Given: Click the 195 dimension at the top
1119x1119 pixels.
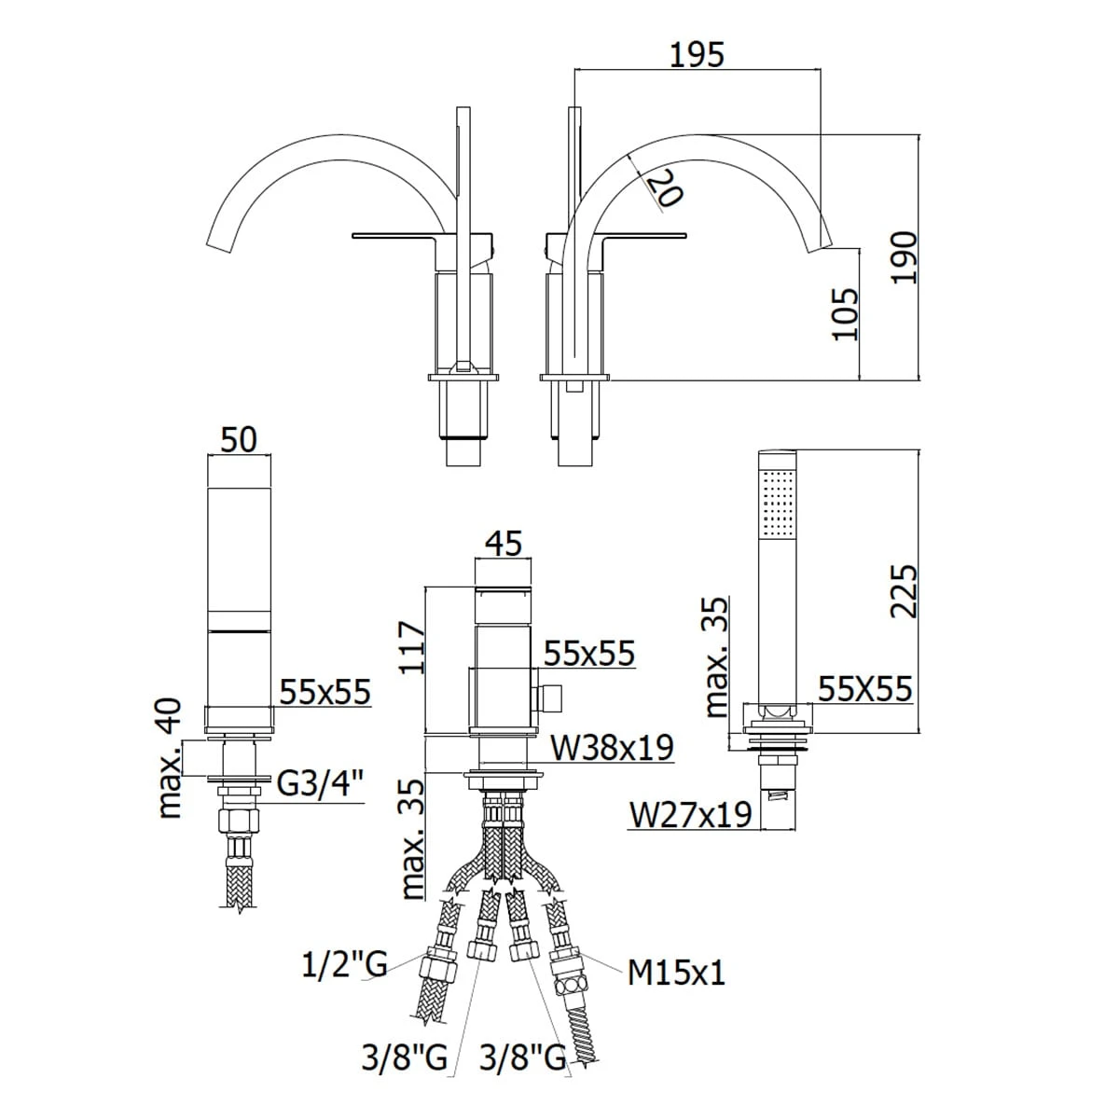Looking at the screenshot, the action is (697, 55).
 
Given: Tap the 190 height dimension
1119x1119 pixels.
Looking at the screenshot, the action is (905, 257).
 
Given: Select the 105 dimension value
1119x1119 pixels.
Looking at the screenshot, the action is (844, 314).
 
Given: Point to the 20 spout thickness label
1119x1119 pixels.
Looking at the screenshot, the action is (665, 187).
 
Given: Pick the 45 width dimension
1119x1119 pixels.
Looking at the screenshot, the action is (504, 544).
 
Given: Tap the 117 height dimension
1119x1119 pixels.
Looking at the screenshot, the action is (412, 648).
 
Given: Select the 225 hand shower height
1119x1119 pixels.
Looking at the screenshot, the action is (905, 590).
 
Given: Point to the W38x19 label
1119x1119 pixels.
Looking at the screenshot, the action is (612, 747).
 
